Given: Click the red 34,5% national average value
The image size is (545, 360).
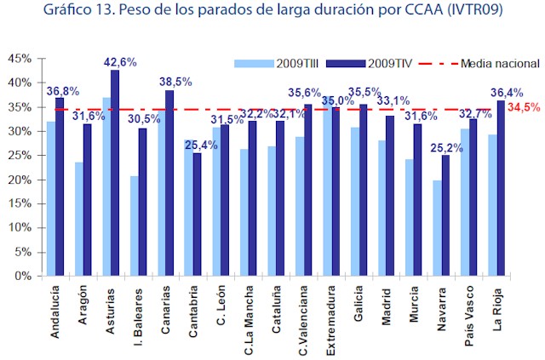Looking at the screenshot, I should click(524, 108).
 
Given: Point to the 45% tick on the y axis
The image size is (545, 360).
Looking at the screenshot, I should click(20, 59).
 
